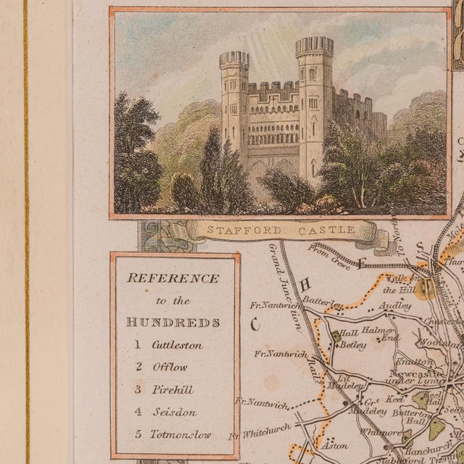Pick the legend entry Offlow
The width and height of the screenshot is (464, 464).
coord(163,367)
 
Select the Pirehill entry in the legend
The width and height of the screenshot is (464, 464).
coord(166,389)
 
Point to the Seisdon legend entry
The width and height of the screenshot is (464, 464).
coord(166,413)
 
